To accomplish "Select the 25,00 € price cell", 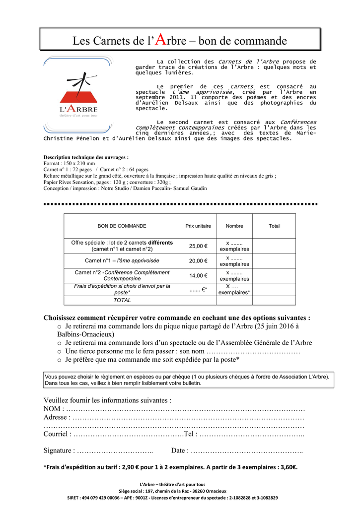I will click(198, 246).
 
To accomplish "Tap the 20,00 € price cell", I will click(198, 261).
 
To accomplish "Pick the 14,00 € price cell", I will click(198, 276).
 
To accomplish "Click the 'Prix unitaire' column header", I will click(198, 226).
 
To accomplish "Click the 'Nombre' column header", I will click(234, 226).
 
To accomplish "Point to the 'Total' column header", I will click(274, 226).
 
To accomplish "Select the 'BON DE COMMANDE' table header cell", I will click(122, 226).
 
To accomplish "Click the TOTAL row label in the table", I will click(122, 301).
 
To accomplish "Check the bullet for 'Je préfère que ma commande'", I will click(59, 360).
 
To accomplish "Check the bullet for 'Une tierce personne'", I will click(59, 351).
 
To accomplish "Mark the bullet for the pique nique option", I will click(59, 327).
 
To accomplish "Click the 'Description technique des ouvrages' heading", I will click(86, 157).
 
